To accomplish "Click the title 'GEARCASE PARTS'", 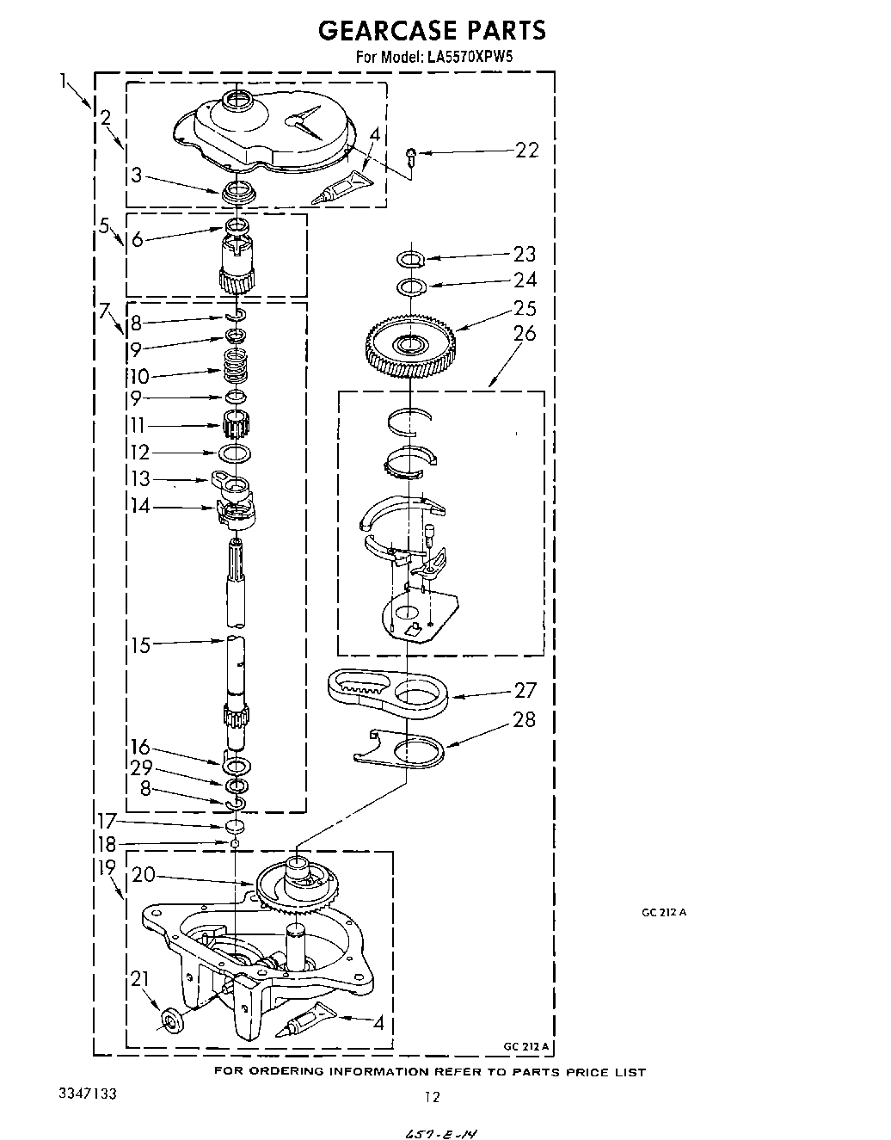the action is point(431,31).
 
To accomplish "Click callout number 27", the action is point(525,690).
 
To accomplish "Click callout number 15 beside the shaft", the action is point(141,645).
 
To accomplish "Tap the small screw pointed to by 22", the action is point(411,156).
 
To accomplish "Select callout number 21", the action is point(140,978).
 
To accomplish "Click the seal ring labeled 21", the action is point(170,1021).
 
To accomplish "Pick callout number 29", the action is point(140,767).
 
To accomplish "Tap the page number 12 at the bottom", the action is point(433,1096).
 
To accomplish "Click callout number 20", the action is point(144,875).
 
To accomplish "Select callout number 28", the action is point(525,719).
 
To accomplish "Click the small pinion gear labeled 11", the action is point(236,424).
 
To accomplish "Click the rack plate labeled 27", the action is point(387,692).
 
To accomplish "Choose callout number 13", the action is point(140,478).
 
